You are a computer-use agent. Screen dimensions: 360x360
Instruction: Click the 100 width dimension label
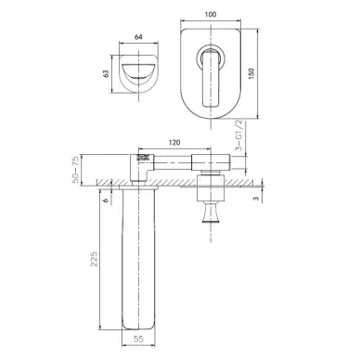tap(211, 14)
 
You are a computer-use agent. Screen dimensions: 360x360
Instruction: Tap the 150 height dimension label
tap(251, 73)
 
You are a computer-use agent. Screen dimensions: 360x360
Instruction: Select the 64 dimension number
tap(138, 37)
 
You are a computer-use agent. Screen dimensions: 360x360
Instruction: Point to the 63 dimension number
tap(106, 73)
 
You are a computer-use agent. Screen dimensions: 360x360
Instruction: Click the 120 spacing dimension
tap(174, 143)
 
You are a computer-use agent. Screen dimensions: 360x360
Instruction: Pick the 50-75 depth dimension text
tap(76, 170)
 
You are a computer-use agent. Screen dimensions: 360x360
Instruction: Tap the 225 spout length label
tap(94, 259)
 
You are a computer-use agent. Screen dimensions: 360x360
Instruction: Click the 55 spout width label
tap(139, 339)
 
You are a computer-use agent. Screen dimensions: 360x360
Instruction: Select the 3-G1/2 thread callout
tap(239, 135)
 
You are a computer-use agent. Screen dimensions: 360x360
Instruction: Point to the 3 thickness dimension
tap(256, 199)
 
